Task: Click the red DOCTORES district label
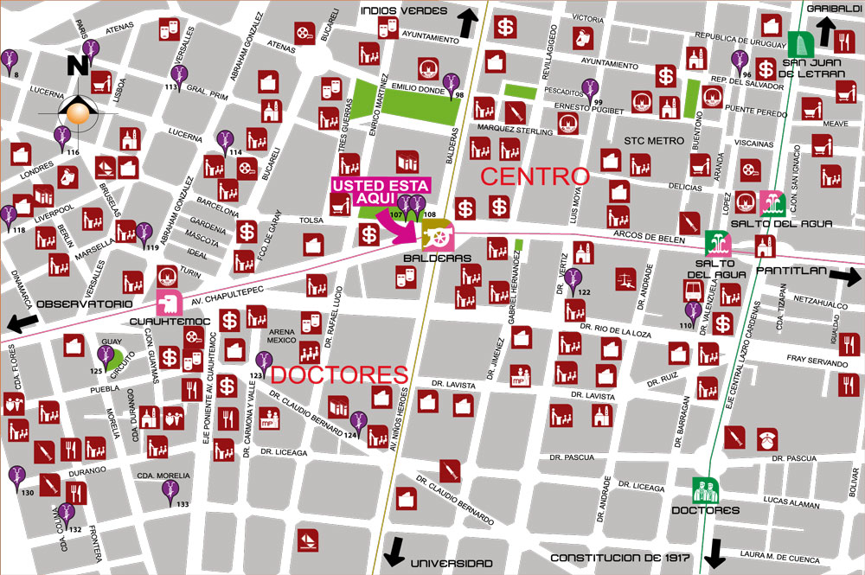(339, 374)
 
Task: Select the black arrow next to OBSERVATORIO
(20, 321)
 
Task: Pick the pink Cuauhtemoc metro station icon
(168, 302)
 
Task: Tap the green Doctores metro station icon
(705, 490)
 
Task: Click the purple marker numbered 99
(591, 88)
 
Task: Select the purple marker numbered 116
(62, 137)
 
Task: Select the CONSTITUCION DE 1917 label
(619, 559)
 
